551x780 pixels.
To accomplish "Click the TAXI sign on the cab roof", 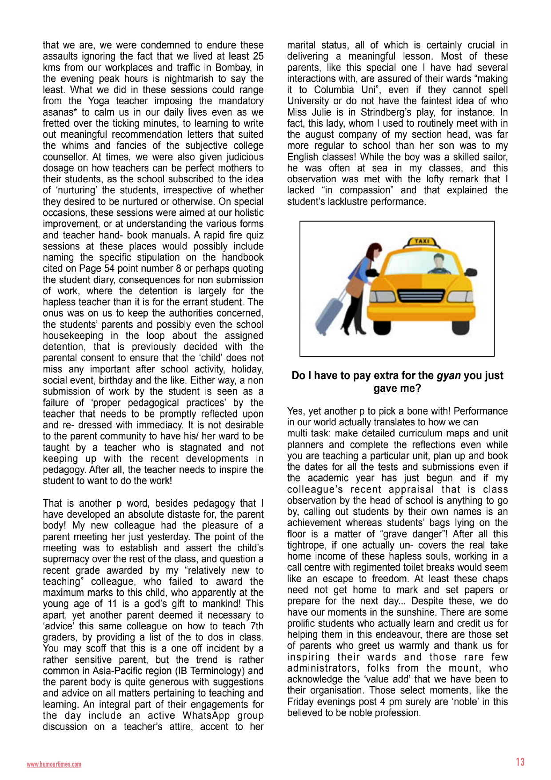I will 422,241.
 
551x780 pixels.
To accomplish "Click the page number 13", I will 520,762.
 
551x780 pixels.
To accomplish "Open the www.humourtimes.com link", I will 54,764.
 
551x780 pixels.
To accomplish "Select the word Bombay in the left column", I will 235,68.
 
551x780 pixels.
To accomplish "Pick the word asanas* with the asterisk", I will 60,112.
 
